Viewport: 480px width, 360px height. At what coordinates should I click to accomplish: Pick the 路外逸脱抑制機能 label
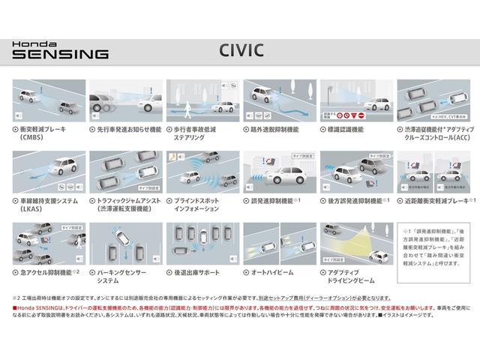point(274,130)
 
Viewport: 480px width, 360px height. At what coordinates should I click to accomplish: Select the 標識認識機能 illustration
point(351,100)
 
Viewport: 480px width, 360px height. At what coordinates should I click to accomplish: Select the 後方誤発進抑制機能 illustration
point(351,172)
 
